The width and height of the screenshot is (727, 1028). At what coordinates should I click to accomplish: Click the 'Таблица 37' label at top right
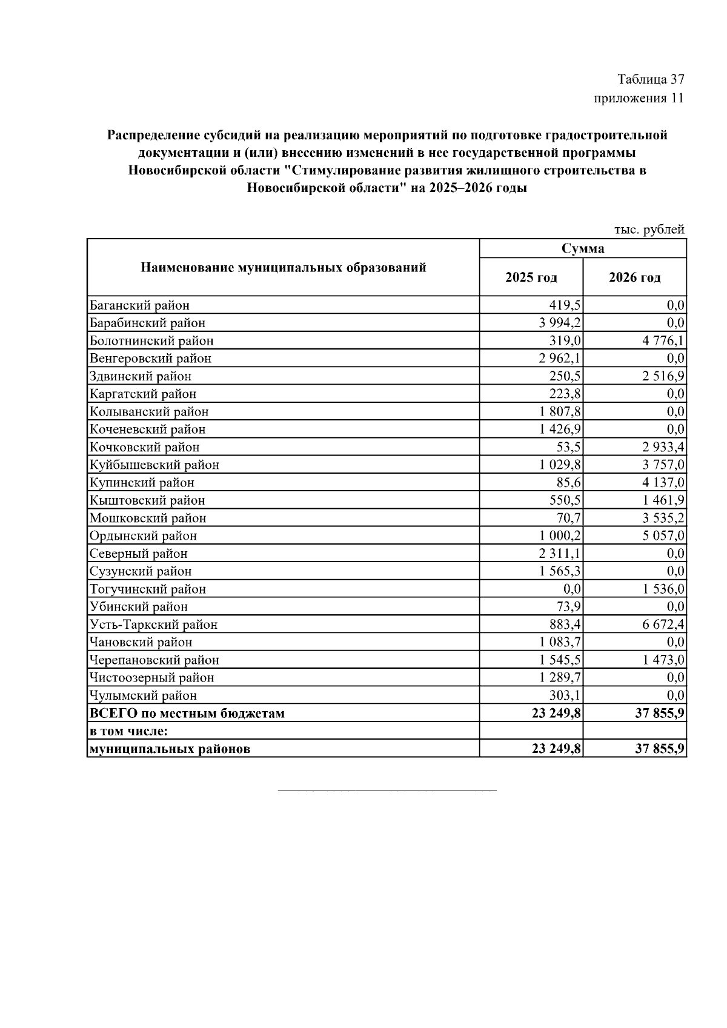click(651, 79)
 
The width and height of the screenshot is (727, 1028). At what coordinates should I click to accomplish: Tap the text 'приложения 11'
click(639, 98)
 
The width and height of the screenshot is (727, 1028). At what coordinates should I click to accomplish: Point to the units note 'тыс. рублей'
click(649, 230)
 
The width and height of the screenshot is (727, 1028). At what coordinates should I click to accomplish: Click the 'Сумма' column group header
click(583, 248)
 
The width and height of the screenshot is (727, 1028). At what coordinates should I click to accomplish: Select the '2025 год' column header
click(531, 277)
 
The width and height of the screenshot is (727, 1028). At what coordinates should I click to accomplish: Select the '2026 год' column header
click(635, 277)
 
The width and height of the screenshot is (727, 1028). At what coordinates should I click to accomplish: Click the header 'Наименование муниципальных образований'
click(284, 267)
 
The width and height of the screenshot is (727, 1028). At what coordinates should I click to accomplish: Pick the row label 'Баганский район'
click(139, 305)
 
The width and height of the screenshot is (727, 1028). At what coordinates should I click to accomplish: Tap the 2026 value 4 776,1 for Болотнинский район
click(664, 340)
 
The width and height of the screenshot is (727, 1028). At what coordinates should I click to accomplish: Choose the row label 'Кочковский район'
click(144, 447)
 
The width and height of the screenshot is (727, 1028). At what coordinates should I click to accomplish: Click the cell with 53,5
click(569, 447)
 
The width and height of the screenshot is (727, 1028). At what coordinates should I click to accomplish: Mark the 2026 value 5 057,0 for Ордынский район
click(664, 536)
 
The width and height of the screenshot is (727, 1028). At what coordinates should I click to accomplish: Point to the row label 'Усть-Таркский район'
click(153, 625)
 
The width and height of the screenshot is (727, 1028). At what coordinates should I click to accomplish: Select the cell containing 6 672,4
click(664, 625)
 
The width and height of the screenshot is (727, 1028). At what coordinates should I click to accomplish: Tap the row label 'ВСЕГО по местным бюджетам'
click(187, 713)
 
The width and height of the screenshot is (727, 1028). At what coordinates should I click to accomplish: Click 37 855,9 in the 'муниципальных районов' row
click(660, 749)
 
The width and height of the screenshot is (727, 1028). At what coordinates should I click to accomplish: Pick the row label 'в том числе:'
click(128, 731)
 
